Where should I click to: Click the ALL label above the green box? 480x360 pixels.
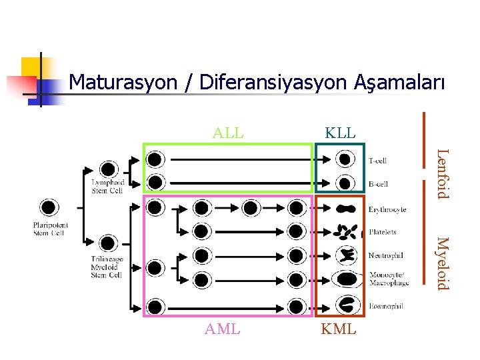pos(228,132)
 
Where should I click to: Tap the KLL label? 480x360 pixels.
pos(340,132)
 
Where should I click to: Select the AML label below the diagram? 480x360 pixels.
pos(223,329)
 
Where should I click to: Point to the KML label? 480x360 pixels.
pos(339,329)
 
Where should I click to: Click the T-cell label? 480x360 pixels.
pos(377,161)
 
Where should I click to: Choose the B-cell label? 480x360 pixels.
pos(378,184)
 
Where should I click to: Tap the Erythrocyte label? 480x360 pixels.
pos(387,209)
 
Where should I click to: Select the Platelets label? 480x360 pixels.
pos(382,232)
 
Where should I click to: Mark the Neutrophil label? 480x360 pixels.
pos(385,255)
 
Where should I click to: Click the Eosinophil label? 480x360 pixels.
pos(385,306)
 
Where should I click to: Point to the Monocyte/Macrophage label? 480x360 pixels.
pos(388,279)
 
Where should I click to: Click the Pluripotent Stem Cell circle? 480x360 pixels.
pos(49,207)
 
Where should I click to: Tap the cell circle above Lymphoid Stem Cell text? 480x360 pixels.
pos(107,169)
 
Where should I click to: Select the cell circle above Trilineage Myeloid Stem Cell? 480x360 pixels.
pos(107,243)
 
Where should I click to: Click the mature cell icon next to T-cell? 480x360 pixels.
pos(345,160)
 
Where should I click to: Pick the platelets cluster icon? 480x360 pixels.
pos(345,231)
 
